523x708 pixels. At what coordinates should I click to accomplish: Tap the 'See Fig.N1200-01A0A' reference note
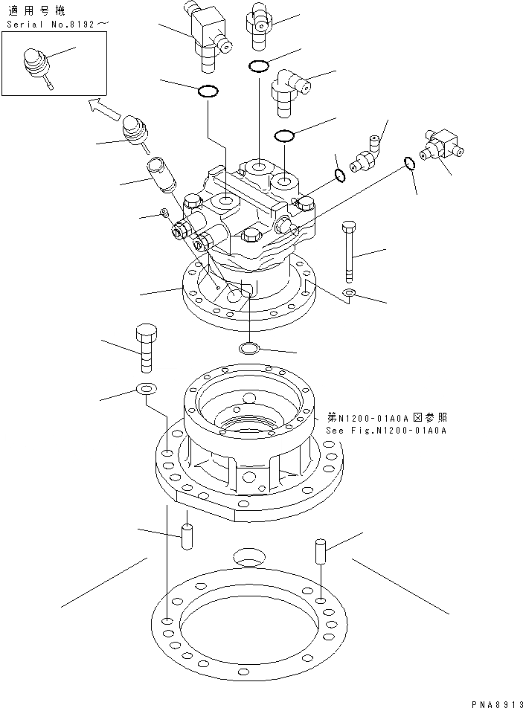[x=385, y=431]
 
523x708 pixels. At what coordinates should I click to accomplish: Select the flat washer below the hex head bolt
[x=146, y=388]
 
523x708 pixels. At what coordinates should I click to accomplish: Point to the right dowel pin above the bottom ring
[x=321, y=551]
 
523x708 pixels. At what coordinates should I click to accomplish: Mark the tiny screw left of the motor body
[x=164, y=215]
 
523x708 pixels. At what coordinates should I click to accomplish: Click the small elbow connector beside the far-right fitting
[x=370, y=155]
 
